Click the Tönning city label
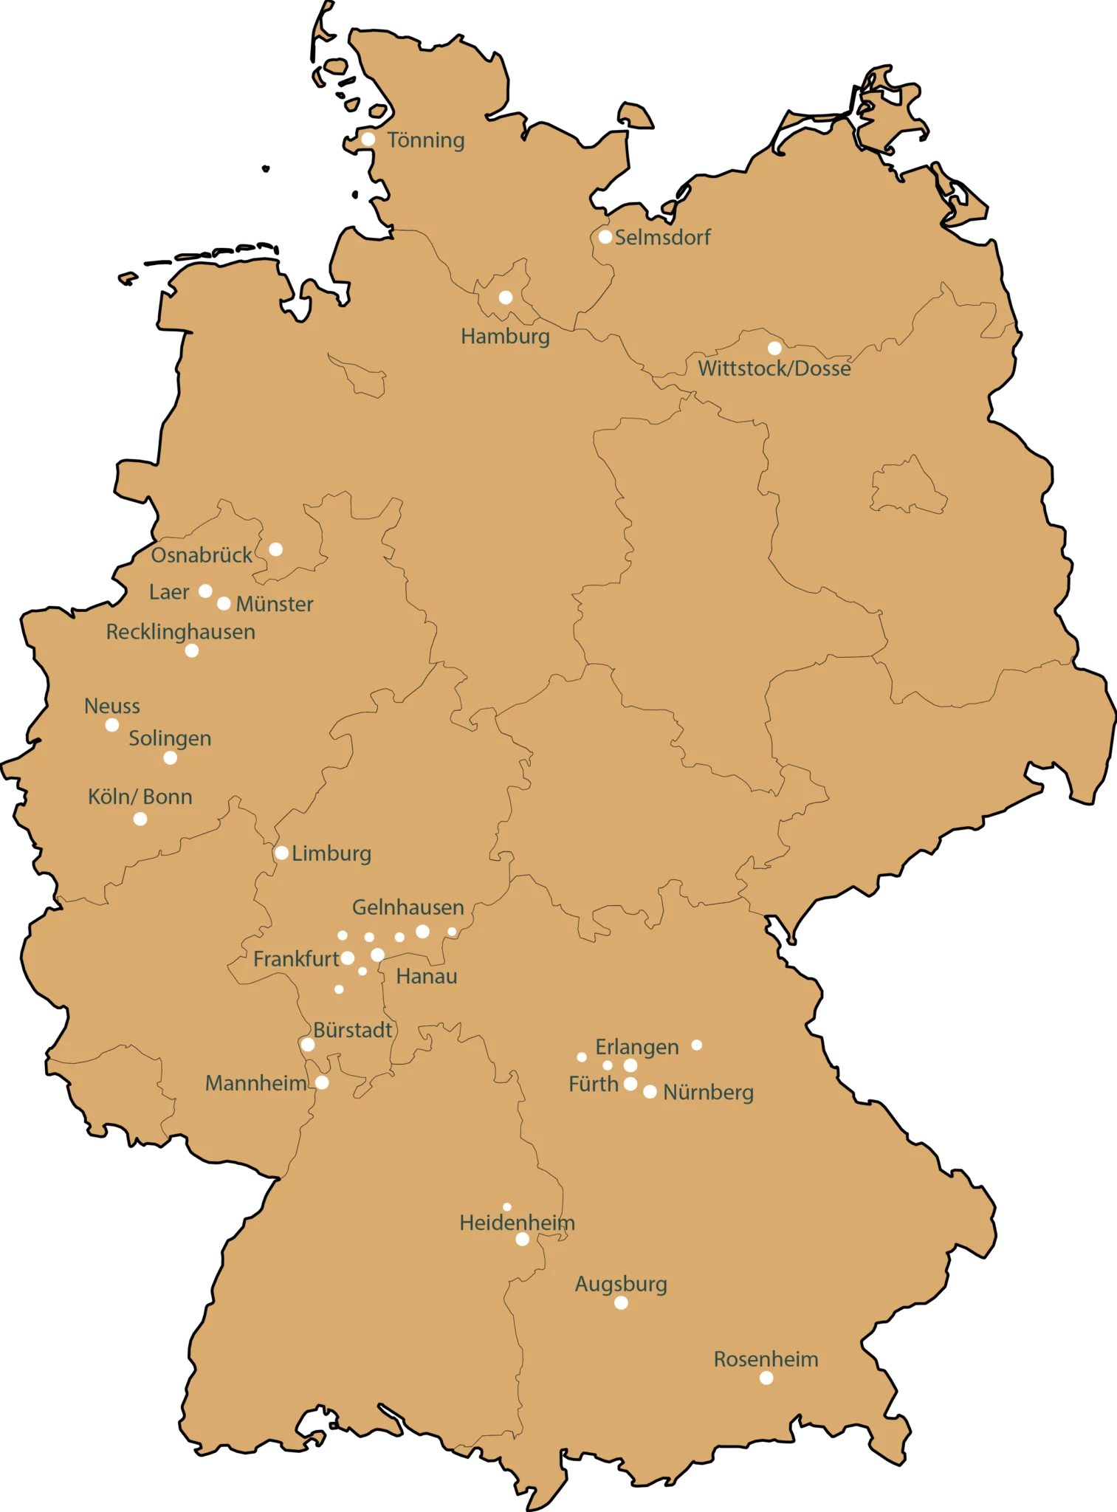tap(426, 140)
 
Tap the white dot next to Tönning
tap(368, 139)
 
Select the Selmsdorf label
tap(662, 238)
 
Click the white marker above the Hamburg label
tap(506, 298)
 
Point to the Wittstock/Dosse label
tap(774, 368)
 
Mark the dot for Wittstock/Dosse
tap(774, 348)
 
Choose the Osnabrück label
tap(202, 555)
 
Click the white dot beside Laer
tap(206, 591)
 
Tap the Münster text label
tap(275, 605)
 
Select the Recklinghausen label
tap(181, 632)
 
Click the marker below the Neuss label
tap(112, 725)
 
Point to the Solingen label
tap(170, 738)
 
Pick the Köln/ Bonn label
tap(140, 797)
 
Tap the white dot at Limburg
tap(281, 853)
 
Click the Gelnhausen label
tap(408, 907)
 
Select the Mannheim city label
tap(255, 1083)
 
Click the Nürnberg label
tap(708, 1093)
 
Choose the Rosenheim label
tap(766, 1359)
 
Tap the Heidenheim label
tap(517, 1223)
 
